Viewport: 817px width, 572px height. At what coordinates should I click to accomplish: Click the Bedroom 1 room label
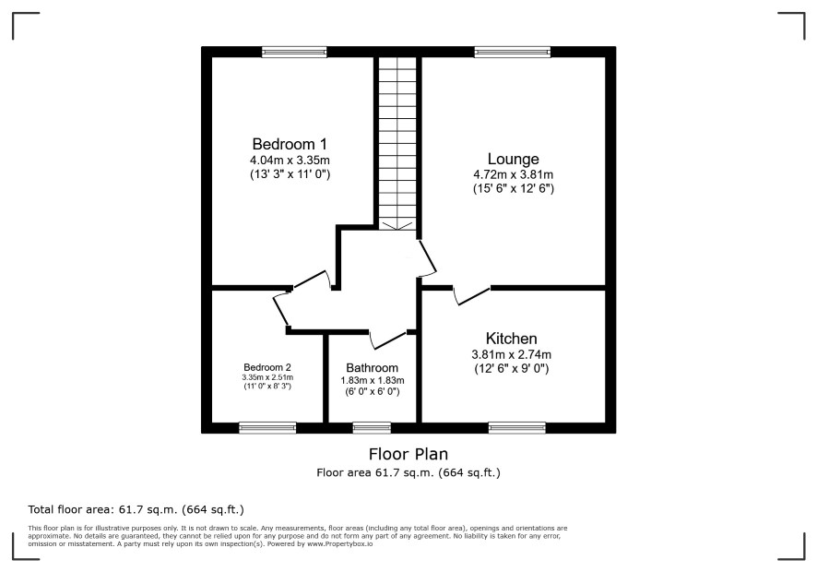[290, 144]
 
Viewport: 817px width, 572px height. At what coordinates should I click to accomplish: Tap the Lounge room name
[513, 159]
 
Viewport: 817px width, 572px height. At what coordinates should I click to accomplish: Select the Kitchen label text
[511, 339]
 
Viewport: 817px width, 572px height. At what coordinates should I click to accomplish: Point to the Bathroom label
[372, 368]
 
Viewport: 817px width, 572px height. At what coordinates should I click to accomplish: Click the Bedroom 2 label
[267, 367]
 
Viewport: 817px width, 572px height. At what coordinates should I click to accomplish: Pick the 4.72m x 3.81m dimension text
[514, 174]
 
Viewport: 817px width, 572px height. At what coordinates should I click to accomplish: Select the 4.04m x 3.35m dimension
[290, 161]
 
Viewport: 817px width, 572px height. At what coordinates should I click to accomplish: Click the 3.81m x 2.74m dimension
[511, 354]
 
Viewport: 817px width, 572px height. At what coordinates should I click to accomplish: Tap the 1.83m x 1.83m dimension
[372, 381]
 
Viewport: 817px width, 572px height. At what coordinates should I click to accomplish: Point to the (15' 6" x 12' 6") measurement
[514, 189]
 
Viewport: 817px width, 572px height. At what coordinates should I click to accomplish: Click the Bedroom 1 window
[294, 52]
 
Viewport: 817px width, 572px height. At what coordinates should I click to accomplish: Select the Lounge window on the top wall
[512, 52]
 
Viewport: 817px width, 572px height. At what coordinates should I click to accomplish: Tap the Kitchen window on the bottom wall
[517, 428]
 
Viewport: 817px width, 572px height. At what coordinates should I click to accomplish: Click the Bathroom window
[372, 428]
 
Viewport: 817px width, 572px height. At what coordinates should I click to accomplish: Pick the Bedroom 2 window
[267, 428]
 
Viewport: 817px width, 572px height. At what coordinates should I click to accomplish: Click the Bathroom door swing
[388, 340]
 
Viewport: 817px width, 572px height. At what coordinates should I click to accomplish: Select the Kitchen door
[472, 295]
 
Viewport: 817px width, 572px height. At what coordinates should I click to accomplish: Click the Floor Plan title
[408, 454]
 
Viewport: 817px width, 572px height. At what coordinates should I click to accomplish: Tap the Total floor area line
[136, 509]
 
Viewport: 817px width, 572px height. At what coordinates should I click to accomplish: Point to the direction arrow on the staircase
[397, 225]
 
